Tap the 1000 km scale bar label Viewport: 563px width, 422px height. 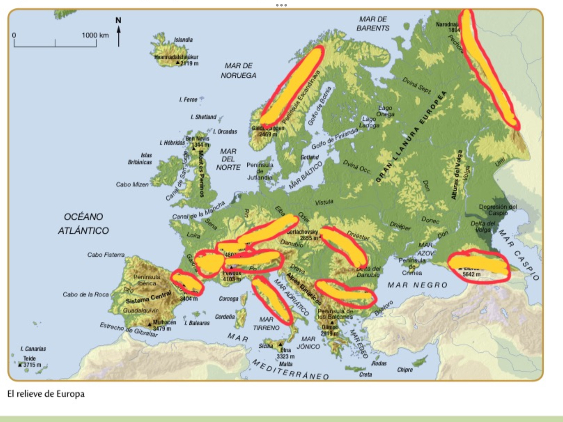tap(95, 35)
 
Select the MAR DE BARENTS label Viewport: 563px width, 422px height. tap(373, 24)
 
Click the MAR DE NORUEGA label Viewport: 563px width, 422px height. tap(238, 71)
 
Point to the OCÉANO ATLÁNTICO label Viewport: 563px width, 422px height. tap(83, 224)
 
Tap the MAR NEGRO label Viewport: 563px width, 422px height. tap(417, 285)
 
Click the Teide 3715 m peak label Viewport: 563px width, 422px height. tap(30, 362)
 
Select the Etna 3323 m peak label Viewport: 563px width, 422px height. tap(285, 353)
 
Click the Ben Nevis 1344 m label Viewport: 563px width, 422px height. tap(197, 141)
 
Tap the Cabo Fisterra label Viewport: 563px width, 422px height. tap(106, 255)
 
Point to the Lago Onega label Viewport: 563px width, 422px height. tap(386, 111)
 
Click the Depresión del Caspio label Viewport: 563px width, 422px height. tap(498, 210)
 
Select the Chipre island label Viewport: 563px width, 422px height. tap(405, 370)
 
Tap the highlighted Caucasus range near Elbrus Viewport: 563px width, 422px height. tap(479, 264)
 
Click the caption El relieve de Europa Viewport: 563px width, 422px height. tap(46, 394)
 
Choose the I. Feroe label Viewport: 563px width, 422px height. tap(188, 99)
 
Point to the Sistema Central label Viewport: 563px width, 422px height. tap(149, 299)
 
